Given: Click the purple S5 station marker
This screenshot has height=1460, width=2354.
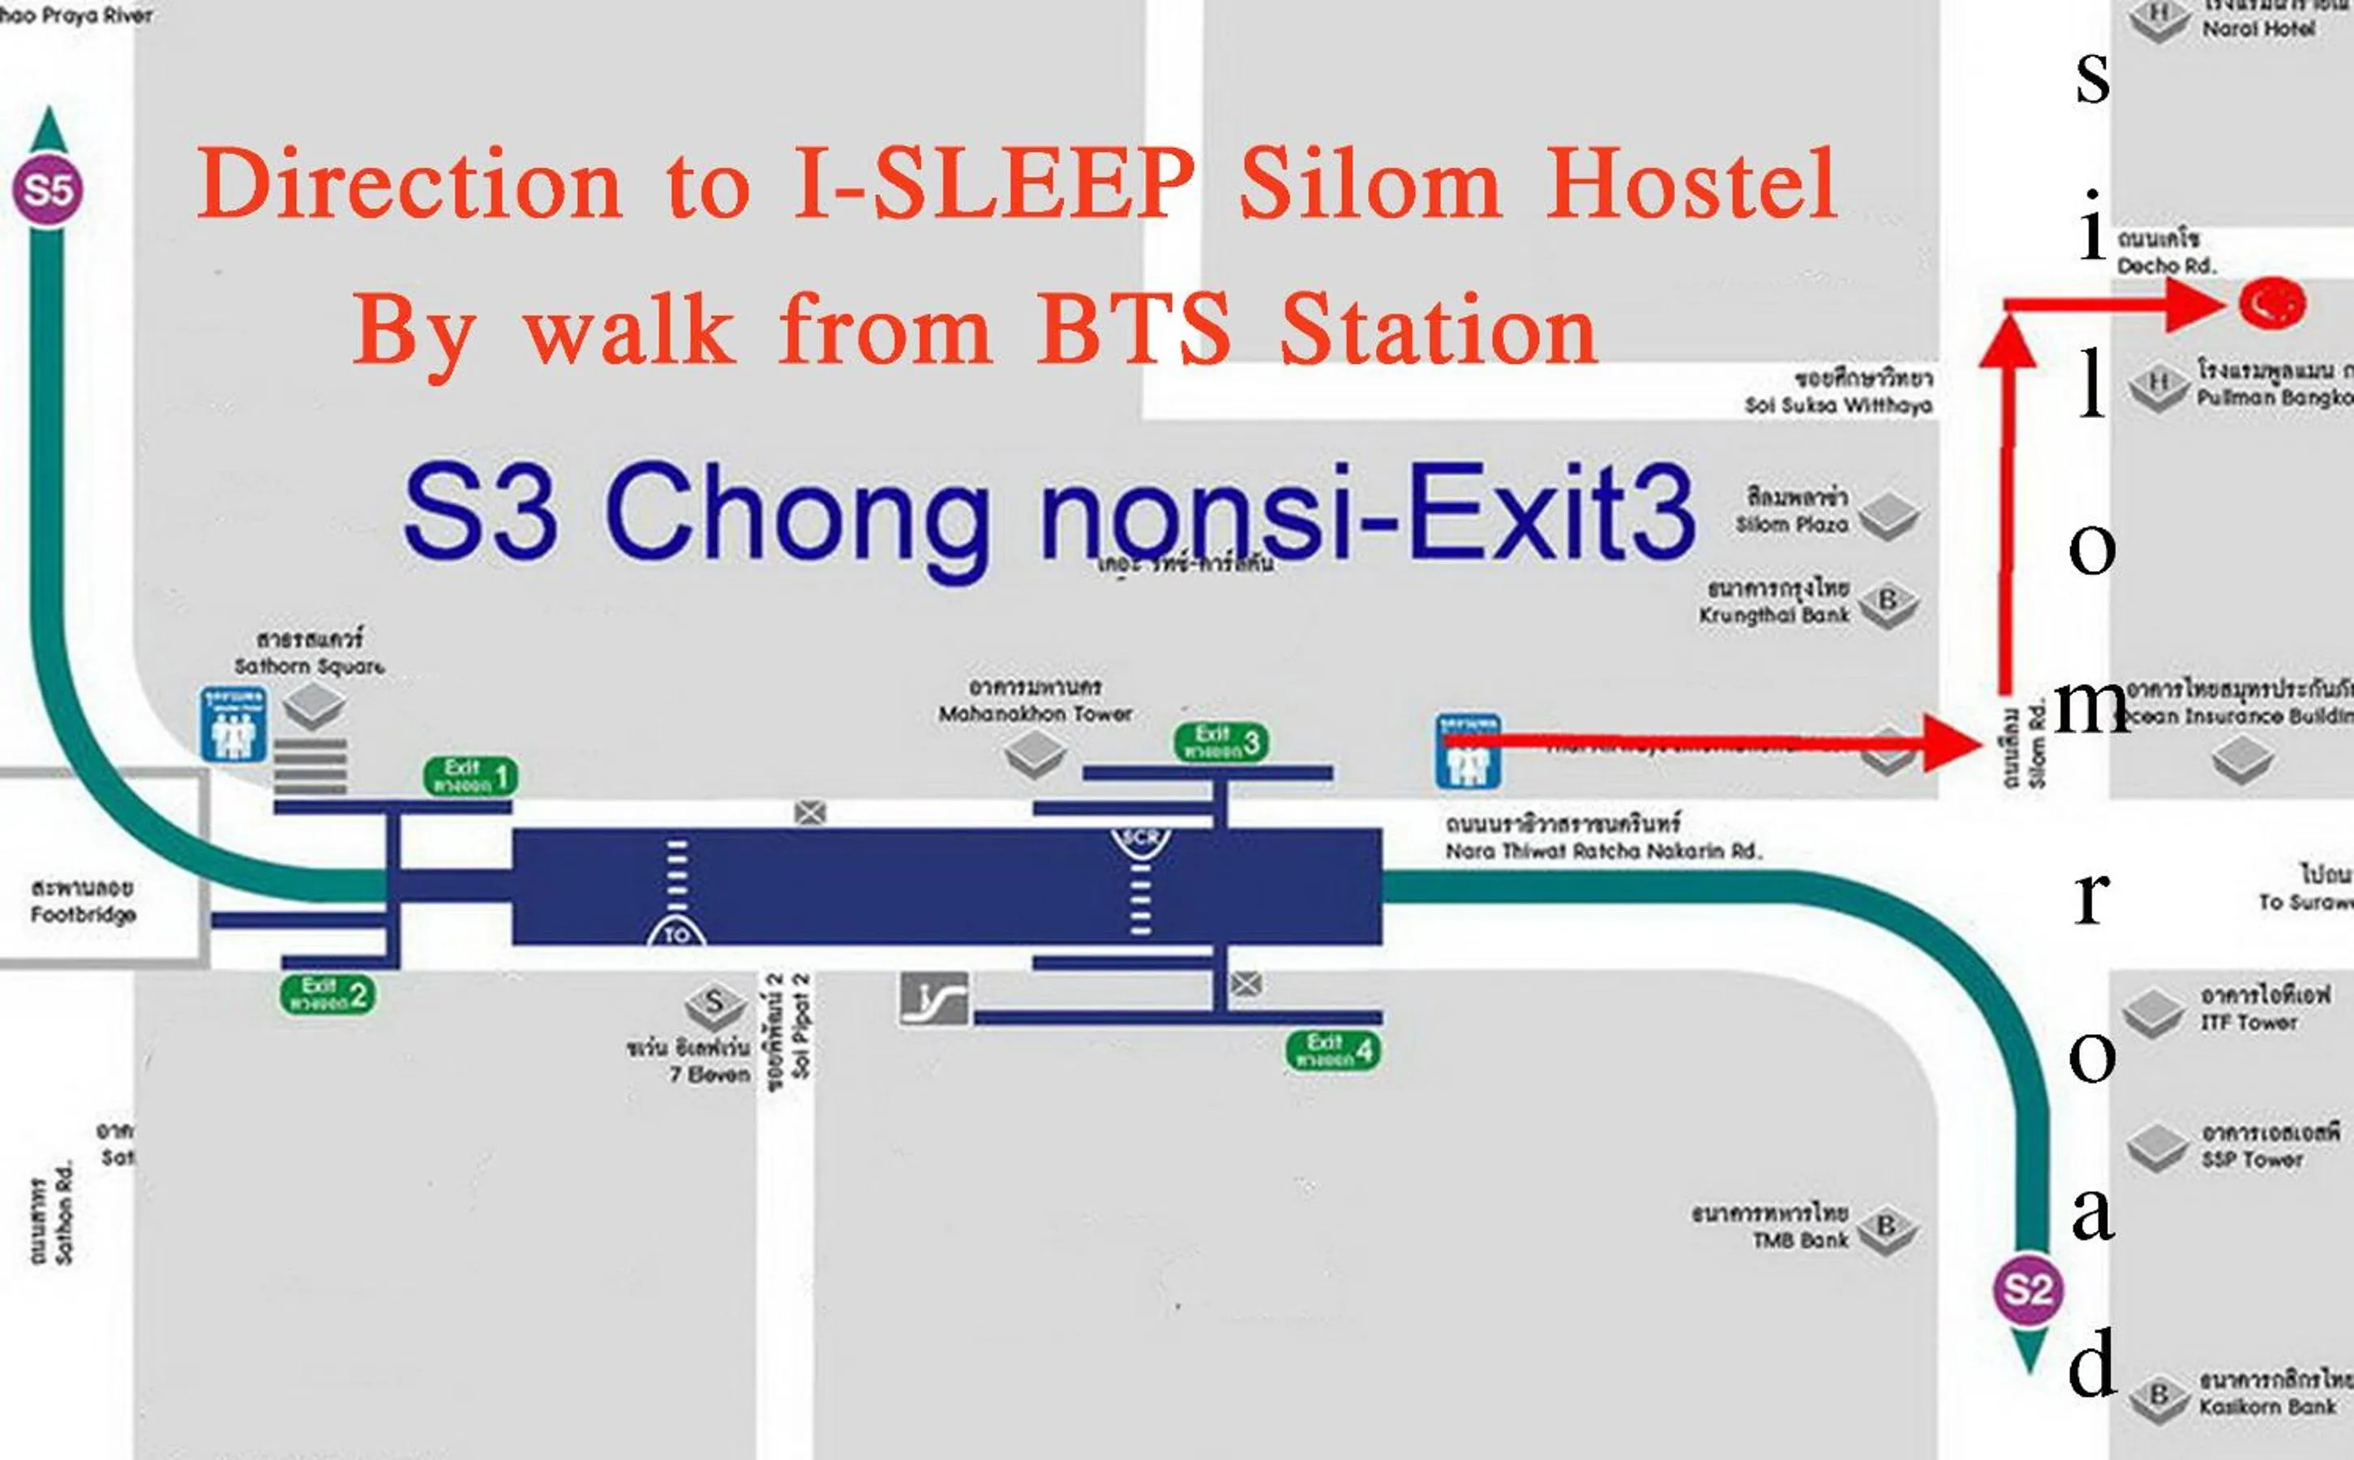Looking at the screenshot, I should coord(47,189).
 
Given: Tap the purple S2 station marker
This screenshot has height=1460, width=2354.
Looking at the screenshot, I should coord(2028,1290).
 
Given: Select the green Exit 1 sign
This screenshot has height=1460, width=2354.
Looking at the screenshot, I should coord(470,776).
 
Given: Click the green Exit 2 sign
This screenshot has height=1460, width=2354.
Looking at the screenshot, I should coord(327,994).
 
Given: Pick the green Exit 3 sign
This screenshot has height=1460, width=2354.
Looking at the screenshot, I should coord(1221,741).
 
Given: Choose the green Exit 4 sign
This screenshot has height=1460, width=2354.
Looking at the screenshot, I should coord(1334,1050).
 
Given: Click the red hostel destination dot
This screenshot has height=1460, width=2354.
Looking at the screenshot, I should coord(2272,303).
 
